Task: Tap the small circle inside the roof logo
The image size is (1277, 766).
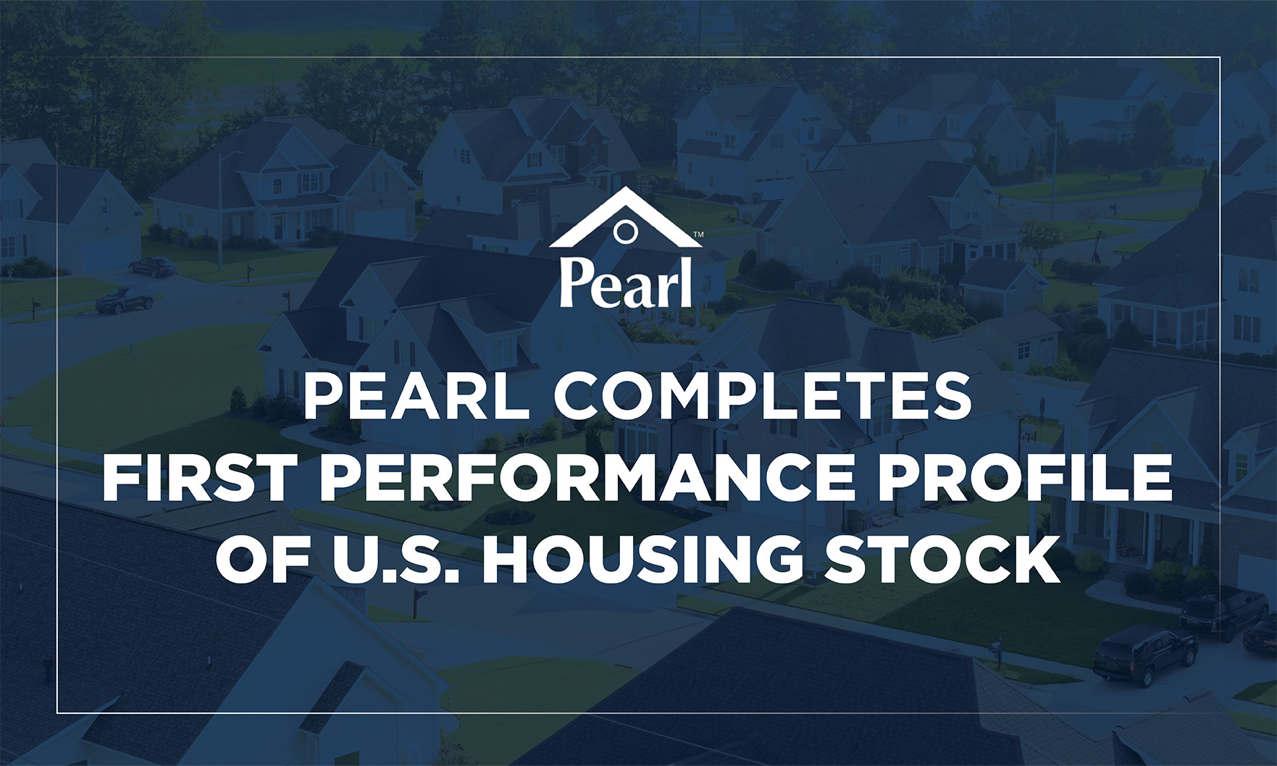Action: (x=624, y=232)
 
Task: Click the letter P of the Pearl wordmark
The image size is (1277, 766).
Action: (x=577, y=282)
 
